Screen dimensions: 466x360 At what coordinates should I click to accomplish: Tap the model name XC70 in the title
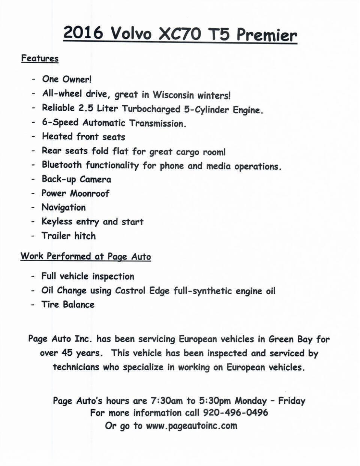179,35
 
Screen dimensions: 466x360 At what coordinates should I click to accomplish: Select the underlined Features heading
40,59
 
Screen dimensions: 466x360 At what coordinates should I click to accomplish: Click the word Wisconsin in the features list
173,95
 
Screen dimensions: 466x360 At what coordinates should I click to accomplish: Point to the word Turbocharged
151,109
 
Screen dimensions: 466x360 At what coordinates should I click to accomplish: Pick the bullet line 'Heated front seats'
84,137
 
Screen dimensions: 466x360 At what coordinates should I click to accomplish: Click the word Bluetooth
62,165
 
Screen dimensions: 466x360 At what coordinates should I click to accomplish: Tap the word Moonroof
90,194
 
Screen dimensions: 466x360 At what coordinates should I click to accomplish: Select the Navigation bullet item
64,207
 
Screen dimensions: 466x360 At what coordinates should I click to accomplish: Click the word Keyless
57,222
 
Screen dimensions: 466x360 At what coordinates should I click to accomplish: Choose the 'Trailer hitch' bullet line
69,236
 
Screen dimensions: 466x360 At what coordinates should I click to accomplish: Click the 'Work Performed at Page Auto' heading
86,257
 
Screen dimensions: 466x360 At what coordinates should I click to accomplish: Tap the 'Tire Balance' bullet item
68,304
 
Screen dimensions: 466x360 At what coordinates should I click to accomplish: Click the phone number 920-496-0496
235,413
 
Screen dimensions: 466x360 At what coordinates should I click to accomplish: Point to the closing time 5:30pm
215,401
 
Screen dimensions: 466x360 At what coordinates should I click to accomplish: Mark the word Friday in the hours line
292,401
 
